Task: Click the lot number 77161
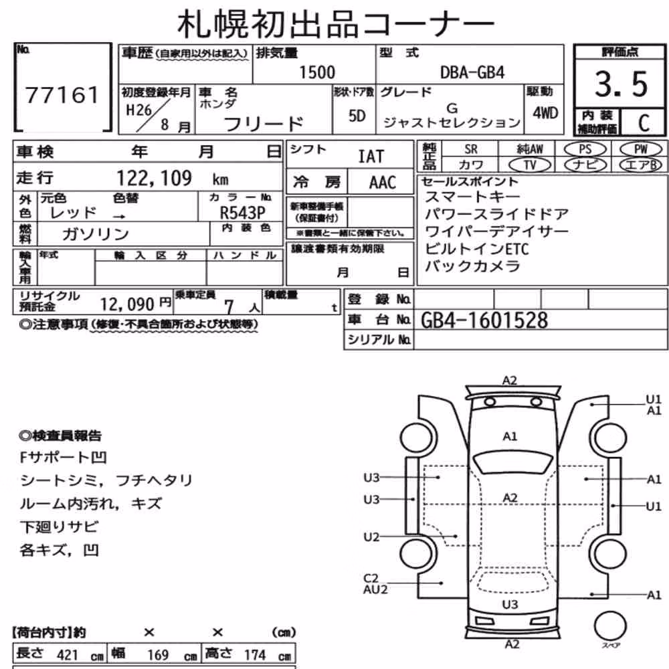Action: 62,95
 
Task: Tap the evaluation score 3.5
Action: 621,84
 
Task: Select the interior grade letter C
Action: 644,123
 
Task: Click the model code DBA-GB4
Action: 472,72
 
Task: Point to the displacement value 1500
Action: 317,72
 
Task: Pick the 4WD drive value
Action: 545,113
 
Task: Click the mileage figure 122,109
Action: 155,178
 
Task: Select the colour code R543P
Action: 242,213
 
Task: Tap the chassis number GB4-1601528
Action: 484,320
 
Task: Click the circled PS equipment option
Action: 585,149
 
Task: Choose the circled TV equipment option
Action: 530,165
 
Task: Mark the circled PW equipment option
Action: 640,149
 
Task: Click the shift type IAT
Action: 371,157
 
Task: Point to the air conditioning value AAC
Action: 383,183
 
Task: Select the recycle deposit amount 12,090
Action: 126,304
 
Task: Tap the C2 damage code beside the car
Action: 371,578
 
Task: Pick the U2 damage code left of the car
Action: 371,537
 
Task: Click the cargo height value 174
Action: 255,654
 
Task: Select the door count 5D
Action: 357,116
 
